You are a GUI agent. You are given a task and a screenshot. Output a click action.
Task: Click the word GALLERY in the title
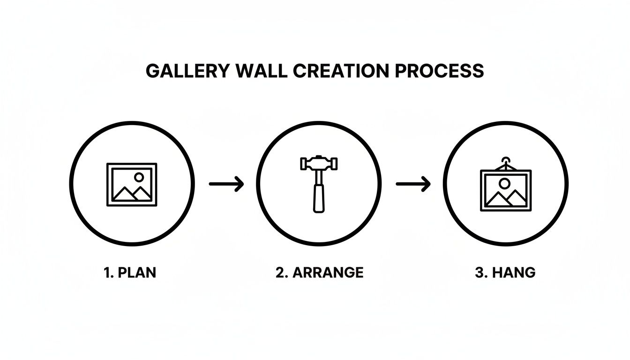(187, 71)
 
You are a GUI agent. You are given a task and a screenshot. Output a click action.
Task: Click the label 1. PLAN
(129, 273)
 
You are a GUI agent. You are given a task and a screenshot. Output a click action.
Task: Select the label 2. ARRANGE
(319, 273)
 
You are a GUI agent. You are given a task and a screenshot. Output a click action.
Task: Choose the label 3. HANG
(505, 273)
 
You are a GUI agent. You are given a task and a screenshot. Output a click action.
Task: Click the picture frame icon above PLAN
(132, 184)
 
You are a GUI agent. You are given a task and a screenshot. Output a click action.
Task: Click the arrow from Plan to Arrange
(226, 184)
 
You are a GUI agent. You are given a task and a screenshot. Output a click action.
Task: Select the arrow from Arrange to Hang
(413, 184)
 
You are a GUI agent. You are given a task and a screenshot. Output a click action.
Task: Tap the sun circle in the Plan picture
(139, 177)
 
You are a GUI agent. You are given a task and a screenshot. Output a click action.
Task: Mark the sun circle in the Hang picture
(504, 182)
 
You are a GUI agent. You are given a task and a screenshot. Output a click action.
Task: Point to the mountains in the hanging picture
(505, 198)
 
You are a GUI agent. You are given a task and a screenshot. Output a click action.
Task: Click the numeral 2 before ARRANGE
(280, 273)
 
